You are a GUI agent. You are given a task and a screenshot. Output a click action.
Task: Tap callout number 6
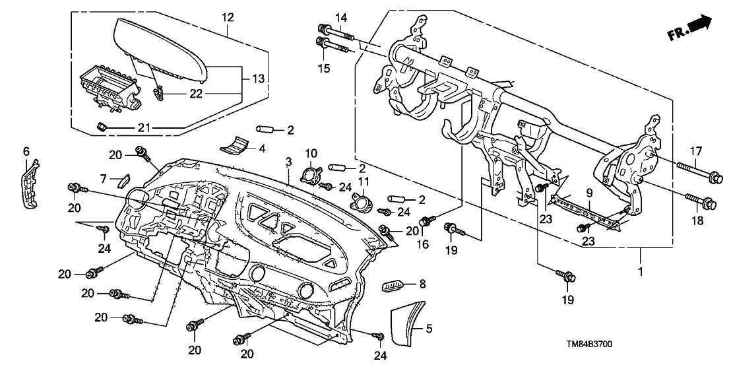click(27, 151)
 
